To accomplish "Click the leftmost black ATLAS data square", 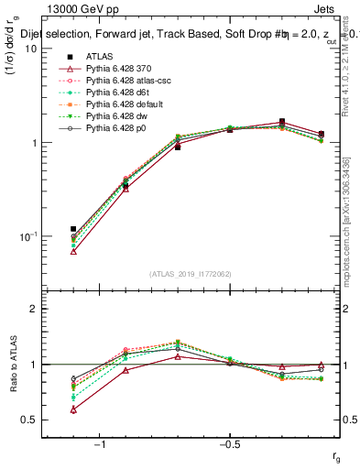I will click(x=73, y=229).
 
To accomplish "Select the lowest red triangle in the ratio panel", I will click(x=73, y=409).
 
